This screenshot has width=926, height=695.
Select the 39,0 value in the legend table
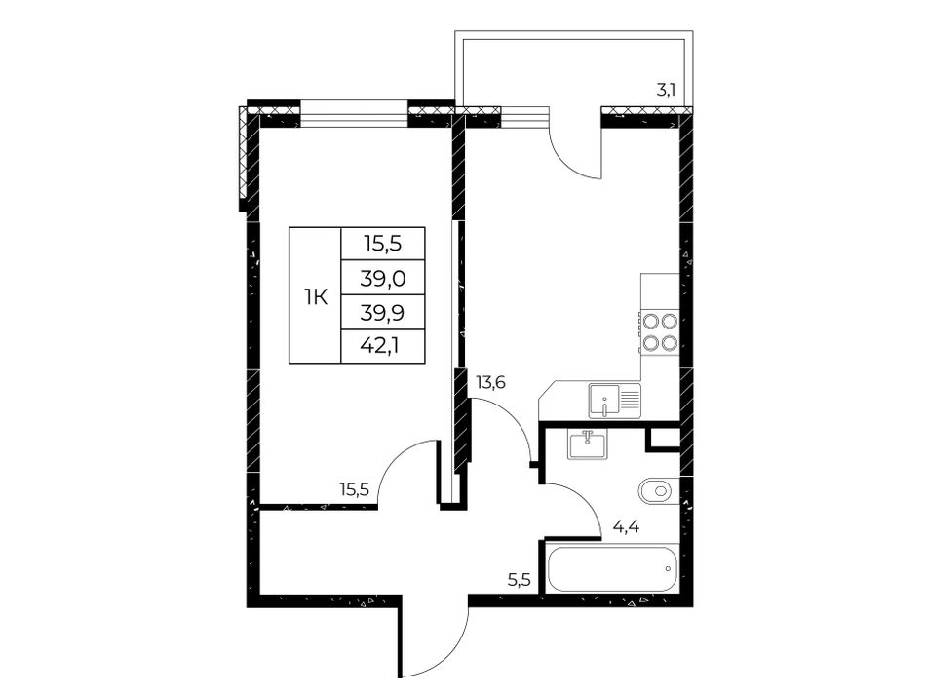(x=383, y=278)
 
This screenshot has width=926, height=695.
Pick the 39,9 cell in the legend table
(x=383, y=312)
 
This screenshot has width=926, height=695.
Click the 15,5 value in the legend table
(x=383, y=243)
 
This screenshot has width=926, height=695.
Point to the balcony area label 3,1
(x=666, y=91)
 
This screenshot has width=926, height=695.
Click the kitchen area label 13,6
(x=490, y=383)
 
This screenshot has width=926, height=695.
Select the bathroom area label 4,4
(x=627, y=526)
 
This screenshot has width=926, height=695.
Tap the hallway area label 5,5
(x=520, y=580)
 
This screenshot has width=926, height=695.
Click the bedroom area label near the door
(x=354, y=488)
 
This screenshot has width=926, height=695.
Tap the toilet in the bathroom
(x=659, y=490)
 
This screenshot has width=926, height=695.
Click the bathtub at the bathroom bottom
(x=611, y=568)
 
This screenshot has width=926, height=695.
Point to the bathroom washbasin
(x=587, y=444)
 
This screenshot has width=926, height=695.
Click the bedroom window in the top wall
(x=355, y=114)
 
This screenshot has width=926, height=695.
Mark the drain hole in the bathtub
(x=668, y=568)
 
